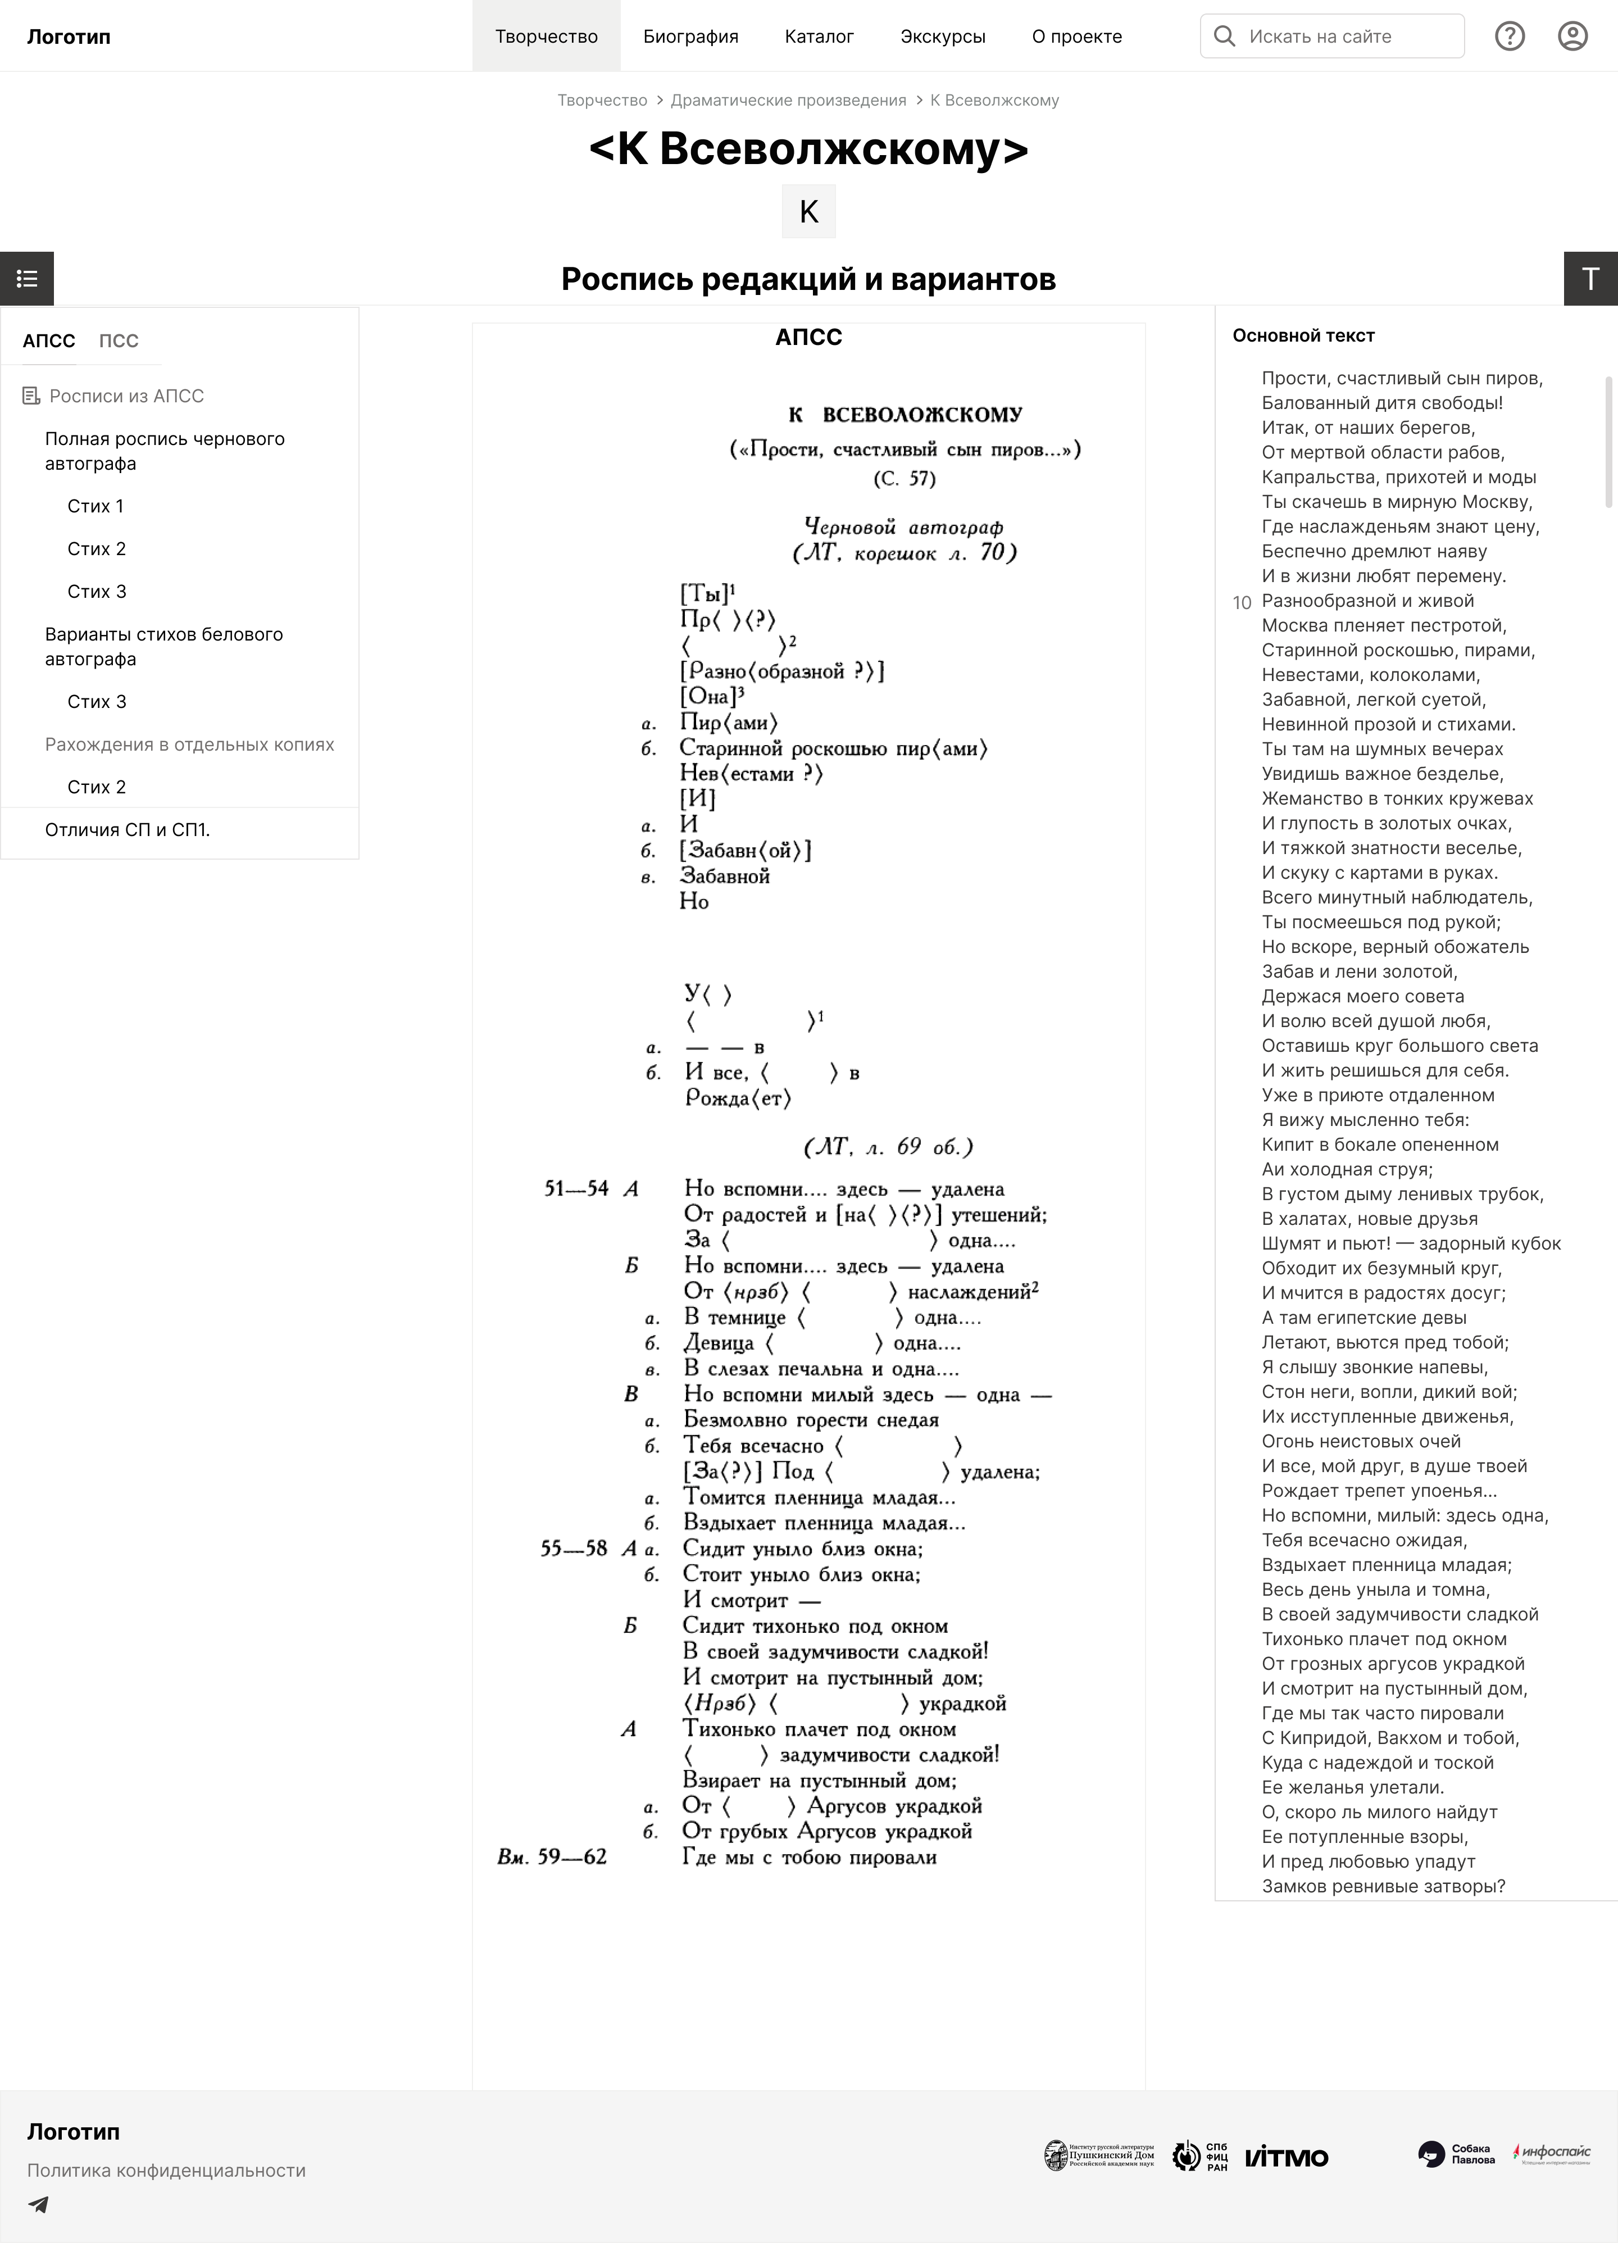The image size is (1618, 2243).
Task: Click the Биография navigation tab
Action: pos(690,37)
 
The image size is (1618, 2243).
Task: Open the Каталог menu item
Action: pos(819,37)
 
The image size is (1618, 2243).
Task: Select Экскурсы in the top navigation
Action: pos(943,37)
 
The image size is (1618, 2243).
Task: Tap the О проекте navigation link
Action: pos(1076,37)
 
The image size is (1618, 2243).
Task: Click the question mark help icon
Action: pos(1509,37)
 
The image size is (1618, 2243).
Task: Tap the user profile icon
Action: pos(1572,37)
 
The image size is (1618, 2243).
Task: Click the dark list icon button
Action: pos(27,279)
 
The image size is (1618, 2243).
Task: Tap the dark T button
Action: pos(1590,279)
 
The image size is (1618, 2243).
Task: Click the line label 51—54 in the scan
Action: pos(576,1189)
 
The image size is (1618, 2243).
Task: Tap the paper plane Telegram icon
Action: pos(39,2204)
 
